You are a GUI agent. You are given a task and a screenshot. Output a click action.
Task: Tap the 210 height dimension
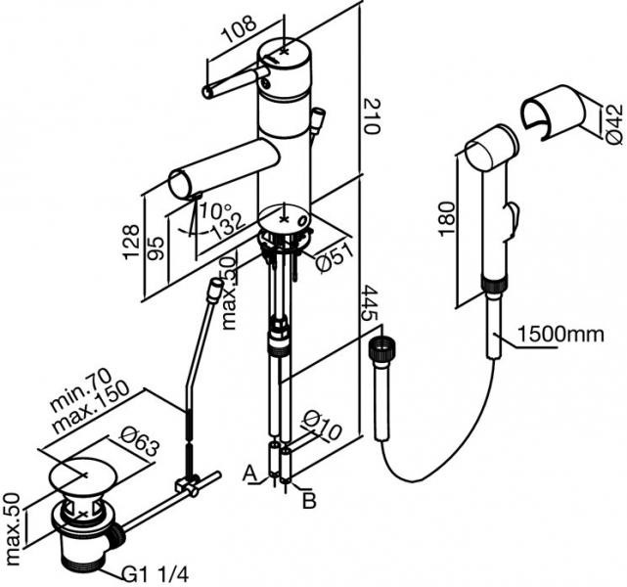[371, 116]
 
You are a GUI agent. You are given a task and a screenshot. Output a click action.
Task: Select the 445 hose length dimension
[370, 303]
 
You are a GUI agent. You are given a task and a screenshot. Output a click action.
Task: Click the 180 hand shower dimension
[447, 219]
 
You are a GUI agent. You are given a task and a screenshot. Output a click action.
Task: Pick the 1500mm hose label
[560, 334]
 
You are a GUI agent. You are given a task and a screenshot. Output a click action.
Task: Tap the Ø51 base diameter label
[334, 257]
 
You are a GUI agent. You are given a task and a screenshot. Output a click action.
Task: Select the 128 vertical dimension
[131, 243]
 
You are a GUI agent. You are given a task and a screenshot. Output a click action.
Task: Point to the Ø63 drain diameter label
[140, 443]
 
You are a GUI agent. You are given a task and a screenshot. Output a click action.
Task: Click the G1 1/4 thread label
[155, 575]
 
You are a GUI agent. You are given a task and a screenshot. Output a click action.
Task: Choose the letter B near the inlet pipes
[309, 501]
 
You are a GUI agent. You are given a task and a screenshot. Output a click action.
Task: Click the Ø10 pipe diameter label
[322, 425]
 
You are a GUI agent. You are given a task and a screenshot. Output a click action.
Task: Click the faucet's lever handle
[236, 81]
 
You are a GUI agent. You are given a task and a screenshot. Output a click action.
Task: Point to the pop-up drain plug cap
[83, 474]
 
